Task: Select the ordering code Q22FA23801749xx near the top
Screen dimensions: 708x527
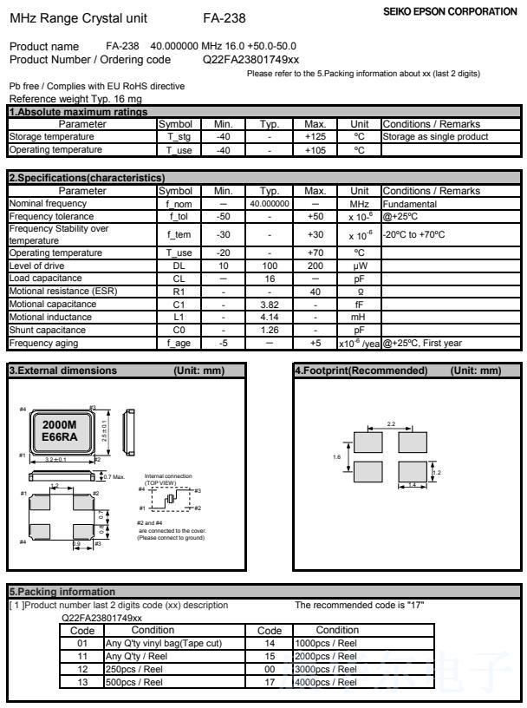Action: (x=250, y=59)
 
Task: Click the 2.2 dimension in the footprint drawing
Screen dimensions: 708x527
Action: (x=390, y=423)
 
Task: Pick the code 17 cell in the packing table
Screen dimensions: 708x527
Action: (x=270, y=682)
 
